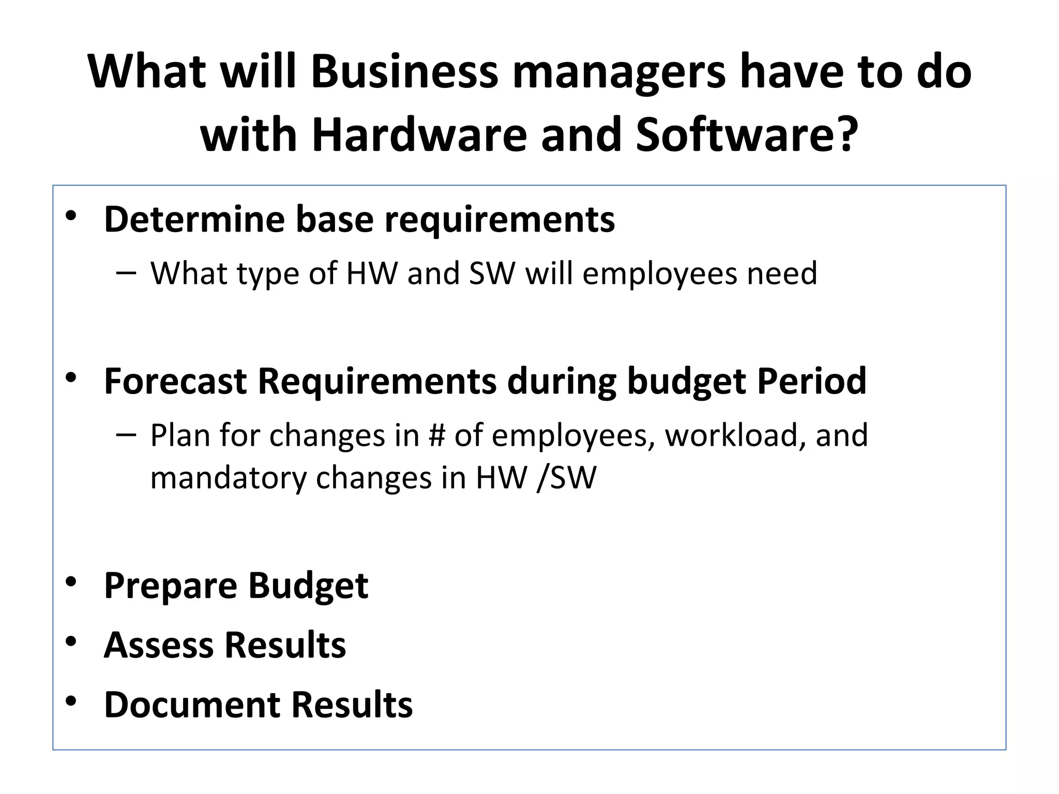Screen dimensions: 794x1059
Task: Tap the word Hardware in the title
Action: [419, 135]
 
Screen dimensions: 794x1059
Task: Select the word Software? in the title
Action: [746, 135]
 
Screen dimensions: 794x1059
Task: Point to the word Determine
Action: [194, 219]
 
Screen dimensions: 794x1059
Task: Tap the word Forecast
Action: [175, 381]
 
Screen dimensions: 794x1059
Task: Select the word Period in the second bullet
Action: [811, 381]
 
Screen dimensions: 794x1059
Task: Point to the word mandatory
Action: [229, 477]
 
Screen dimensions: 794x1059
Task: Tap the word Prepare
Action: [171, 586]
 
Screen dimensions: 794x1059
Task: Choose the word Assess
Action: [159, 645]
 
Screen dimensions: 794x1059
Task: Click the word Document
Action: [192, 705]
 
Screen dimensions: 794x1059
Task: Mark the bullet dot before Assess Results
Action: [71, 642]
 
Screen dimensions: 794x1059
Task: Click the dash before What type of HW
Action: [127, 272]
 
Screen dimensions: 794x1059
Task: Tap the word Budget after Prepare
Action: [308, 586]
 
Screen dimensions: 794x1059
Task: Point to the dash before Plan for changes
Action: [127, 434]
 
